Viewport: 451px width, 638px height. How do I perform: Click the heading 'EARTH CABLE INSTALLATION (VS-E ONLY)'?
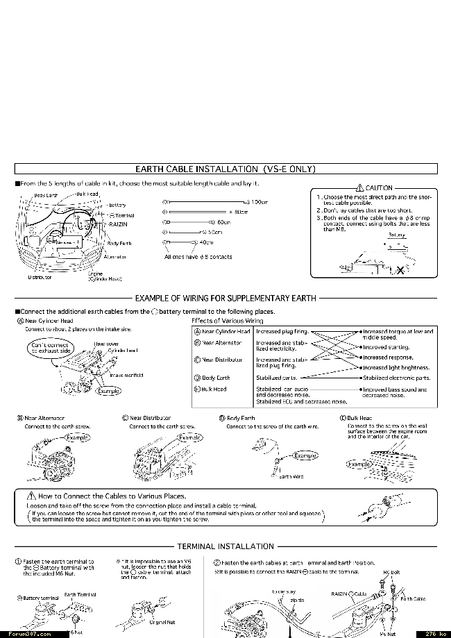tap(226, 169)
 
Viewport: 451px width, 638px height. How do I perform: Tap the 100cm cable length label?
tap(259, 202)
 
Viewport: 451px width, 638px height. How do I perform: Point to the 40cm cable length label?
tap(207, 242)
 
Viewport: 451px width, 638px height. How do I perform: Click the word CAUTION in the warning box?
tap(379, 188)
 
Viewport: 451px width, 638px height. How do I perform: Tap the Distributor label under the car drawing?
tap(40, 277)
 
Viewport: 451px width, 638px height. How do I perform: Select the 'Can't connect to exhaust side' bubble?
tap(50, 349)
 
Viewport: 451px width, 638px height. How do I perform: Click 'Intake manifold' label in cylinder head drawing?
tap(126, 376)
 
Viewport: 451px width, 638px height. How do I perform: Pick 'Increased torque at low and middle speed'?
tap(398, 335)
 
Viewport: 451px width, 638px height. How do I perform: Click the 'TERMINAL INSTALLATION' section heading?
tap(226, 546)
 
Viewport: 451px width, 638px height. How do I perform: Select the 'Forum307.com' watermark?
tap(26, 633)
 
